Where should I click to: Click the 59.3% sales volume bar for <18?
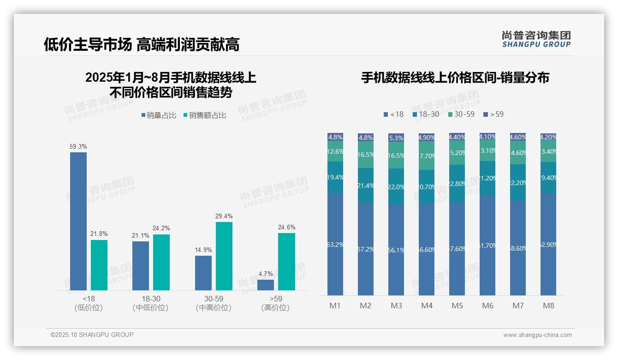[x=78, y=221]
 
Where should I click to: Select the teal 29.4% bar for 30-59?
[x=224, y=256]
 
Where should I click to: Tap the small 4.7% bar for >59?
[x=266, y=285]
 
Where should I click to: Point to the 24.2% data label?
[x=161, y=228]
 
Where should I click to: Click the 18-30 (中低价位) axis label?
[x=150, y=303]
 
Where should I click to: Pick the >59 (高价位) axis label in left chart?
[x=275, y=303]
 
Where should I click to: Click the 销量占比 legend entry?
[x=159, y=115]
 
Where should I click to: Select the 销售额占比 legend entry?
[x=205, y=115]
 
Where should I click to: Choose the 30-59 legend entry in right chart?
[x=461, y=114]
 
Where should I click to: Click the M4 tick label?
[x=427, y=306]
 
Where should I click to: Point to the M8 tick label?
[x=548, y=306]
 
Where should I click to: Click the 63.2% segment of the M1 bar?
[x=335, y=244]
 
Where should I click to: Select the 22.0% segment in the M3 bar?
[x=396, y=186]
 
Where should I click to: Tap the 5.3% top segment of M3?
[x=396, y=138]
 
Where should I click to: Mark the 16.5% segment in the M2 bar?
[x=366, y=155]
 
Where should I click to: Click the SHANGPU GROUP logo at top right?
[x=536, y=39]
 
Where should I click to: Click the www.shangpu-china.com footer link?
[x=537, y=335]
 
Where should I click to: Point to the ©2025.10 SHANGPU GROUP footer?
[x=92, y=335]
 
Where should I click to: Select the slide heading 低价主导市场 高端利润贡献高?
[x=142, y=44]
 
